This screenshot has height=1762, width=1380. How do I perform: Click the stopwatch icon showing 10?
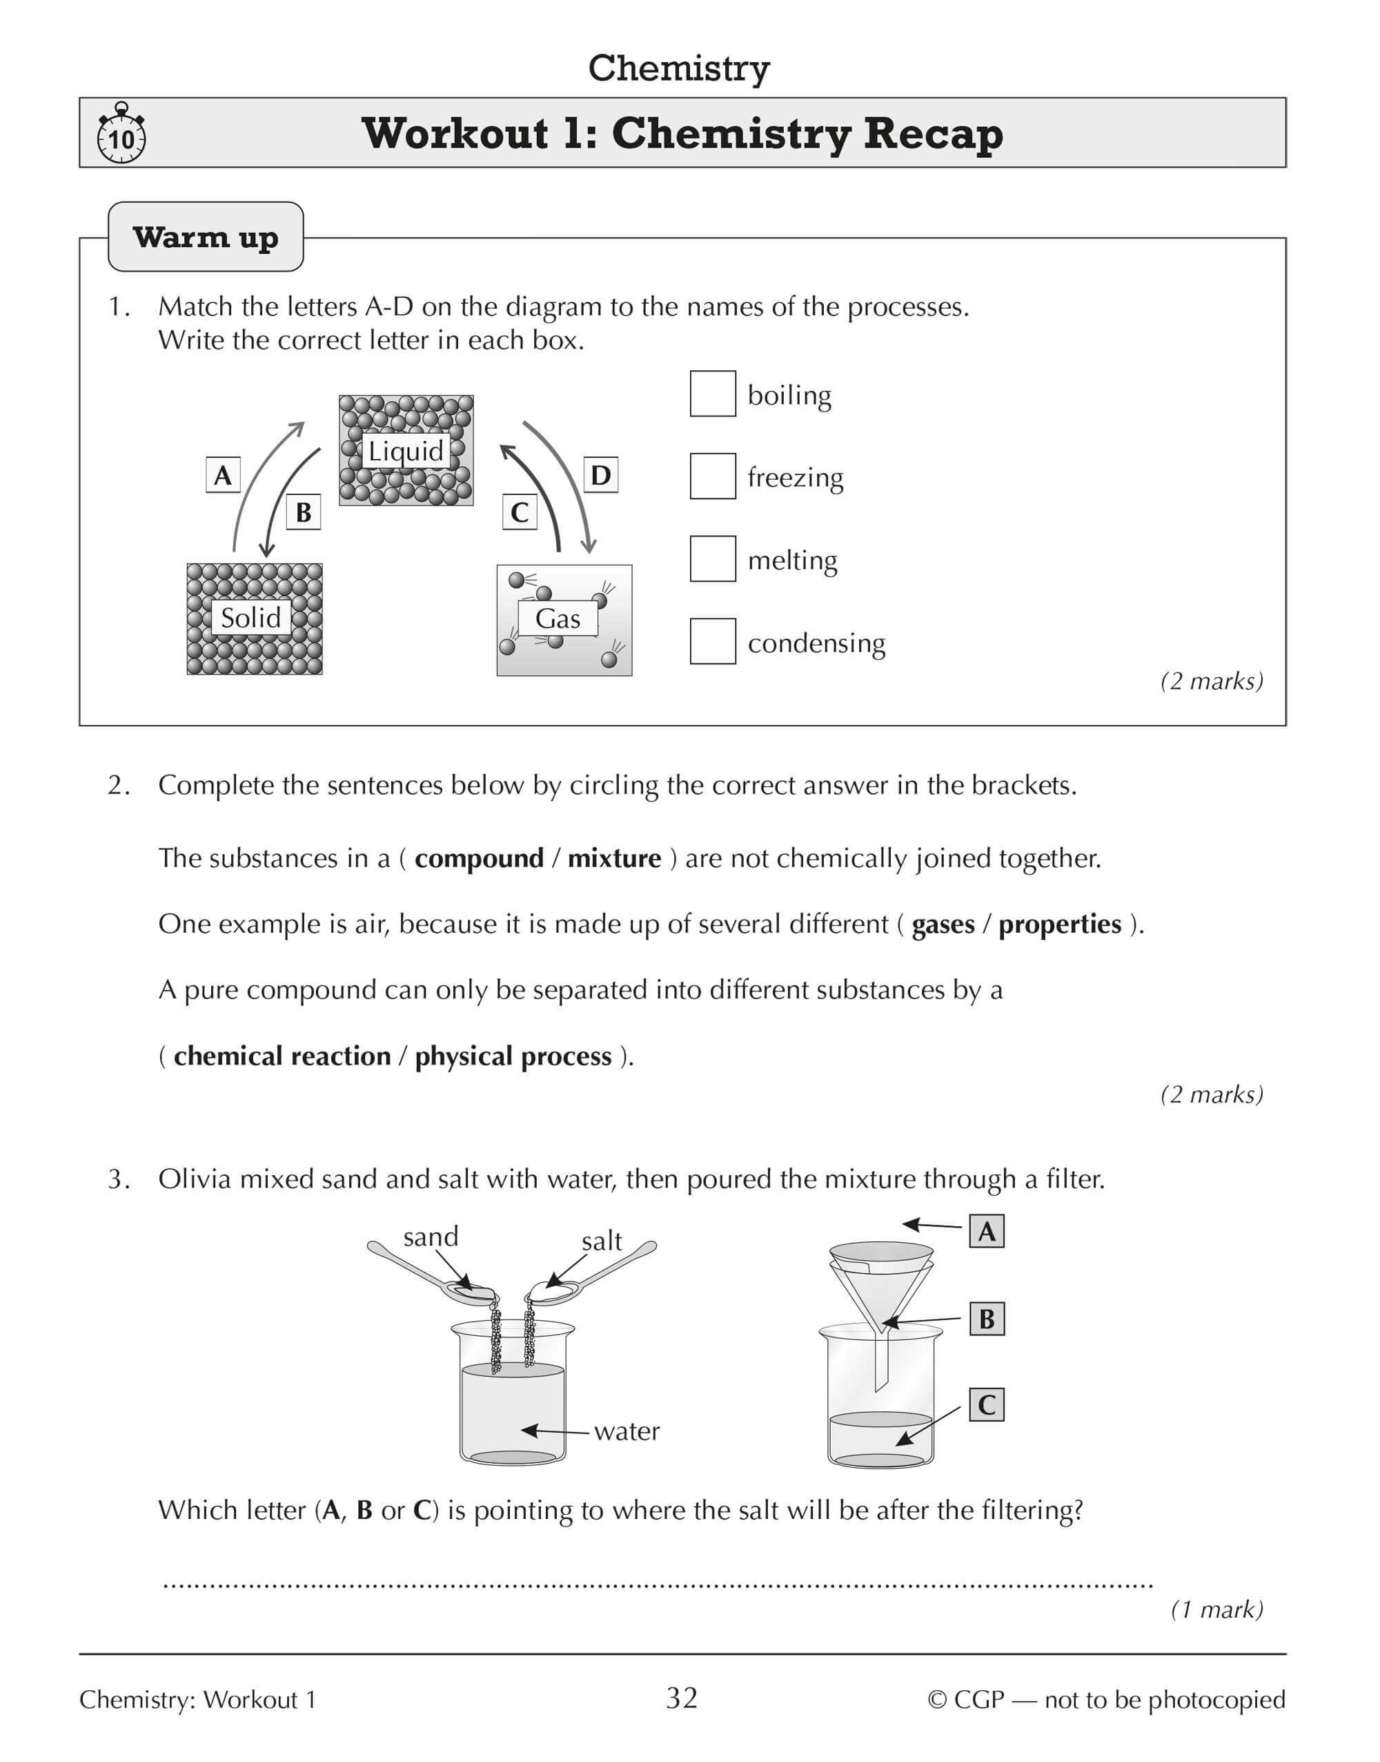pos(121,134)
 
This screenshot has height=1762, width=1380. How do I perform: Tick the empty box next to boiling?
pos(713,394)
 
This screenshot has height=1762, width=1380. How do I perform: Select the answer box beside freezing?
pos(713,476)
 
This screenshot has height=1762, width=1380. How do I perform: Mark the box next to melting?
pos(713,559)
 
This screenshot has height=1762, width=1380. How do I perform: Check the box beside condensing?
pos(713,641)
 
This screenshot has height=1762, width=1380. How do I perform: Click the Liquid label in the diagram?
pos(406,450)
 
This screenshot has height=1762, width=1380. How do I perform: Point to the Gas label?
pos(558,619)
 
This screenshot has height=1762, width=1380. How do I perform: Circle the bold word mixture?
pos(614,858)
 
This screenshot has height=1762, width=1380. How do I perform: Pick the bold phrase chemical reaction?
pos(282,1056)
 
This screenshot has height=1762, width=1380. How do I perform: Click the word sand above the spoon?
pos(431,1237)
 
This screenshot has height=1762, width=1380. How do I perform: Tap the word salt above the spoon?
pos(602,1241)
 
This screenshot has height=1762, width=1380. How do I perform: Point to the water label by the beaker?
pos(627,1431)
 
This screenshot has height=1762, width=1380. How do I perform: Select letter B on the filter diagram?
pos(987,1319)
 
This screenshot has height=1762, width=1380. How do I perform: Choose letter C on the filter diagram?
pos(987,1405)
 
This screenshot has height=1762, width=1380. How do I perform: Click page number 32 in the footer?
pos(682,1698)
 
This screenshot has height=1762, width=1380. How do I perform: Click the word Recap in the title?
pos(933,133)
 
